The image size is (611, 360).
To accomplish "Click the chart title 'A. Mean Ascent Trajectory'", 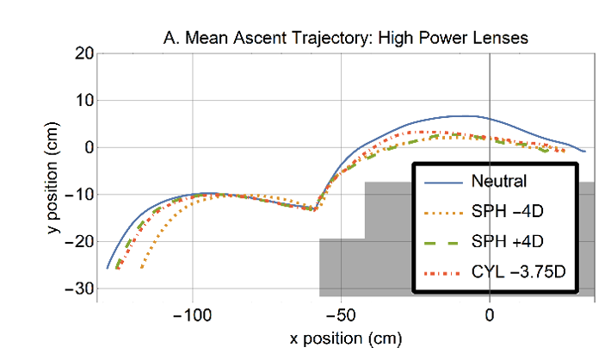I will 345,38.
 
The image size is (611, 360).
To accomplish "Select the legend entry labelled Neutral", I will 498,181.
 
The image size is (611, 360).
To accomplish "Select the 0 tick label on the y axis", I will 87,147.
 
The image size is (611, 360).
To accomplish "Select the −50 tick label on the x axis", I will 341,316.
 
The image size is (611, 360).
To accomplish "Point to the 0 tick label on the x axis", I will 490,316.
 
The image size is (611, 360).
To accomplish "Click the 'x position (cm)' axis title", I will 345,339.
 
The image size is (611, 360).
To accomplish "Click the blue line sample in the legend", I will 443,181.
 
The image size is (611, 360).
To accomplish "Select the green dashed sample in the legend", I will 443,243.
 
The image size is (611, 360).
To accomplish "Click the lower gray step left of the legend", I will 342,267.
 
